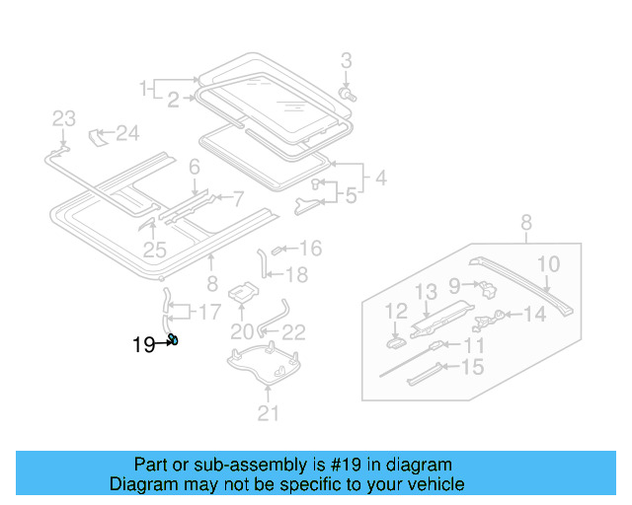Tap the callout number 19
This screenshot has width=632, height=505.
coord(144,344)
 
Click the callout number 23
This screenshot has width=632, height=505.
coord(63,119)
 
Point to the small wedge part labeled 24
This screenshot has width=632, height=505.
coord(99,135)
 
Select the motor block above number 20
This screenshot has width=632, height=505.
coord(243,293)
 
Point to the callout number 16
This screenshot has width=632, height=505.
coord(310,249)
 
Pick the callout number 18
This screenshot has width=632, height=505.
coord(296,274)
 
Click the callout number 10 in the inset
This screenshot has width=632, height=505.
coord(548,263)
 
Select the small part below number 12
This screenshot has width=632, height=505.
coord(393,342)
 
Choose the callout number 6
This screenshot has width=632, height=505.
coord(195,167)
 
